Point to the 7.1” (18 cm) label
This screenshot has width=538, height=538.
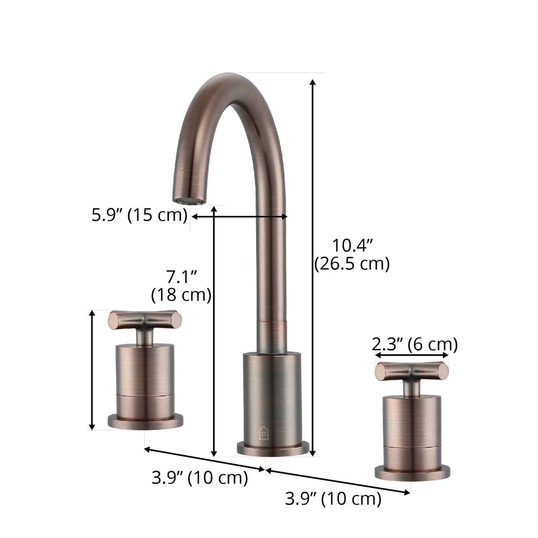point(181,286)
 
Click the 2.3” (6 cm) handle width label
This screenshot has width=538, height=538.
point(415,345)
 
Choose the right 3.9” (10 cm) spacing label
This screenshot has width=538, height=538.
point(333,499)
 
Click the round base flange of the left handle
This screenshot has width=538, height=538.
point(146,421)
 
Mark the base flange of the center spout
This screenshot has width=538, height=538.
point(273,448)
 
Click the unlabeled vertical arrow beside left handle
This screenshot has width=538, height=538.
point(92,370)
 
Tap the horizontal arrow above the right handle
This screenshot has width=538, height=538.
point(412,355)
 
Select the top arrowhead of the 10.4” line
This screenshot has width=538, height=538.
point(313,82)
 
